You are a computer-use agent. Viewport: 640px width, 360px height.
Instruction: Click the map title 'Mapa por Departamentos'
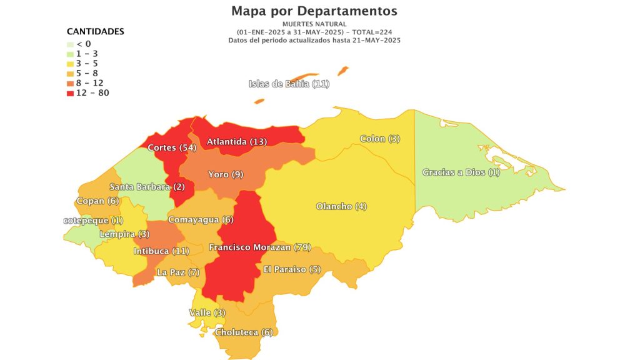pos(314,11)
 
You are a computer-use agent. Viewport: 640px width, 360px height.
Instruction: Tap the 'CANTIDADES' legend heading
pos(95,31)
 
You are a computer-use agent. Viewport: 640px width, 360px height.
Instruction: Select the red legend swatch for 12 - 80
pos(70,93)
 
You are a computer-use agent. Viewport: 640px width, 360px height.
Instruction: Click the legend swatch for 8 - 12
pos(70,83)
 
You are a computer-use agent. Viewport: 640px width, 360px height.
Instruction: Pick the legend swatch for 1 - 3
pos(70,54)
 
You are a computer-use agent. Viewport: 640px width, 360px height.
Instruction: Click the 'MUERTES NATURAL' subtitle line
pos(314,24)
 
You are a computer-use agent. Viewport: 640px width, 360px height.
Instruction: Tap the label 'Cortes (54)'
pos(172,148)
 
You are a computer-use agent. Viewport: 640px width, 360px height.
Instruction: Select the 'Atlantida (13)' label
pos(237,142)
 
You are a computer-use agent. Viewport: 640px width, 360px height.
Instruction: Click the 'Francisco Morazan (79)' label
pos(260,247)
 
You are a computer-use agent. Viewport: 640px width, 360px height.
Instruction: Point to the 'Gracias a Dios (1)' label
pos(461,172)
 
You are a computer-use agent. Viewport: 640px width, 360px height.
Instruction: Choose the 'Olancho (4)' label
pos(341,206)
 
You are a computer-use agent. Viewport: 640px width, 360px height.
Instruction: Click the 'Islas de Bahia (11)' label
pos(289,84)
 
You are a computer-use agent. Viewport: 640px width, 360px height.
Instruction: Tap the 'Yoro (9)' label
pos(226,174)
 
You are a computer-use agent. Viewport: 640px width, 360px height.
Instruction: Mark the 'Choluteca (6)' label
pos(244,332)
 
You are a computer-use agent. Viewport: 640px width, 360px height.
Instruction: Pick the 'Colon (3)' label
pos(380,139)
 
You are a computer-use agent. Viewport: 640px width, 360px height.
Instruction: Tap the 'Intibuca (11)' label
pos(161,251)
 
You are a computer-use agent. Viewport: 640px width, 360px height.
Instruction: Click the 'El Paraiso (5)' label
pos(292,269)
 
